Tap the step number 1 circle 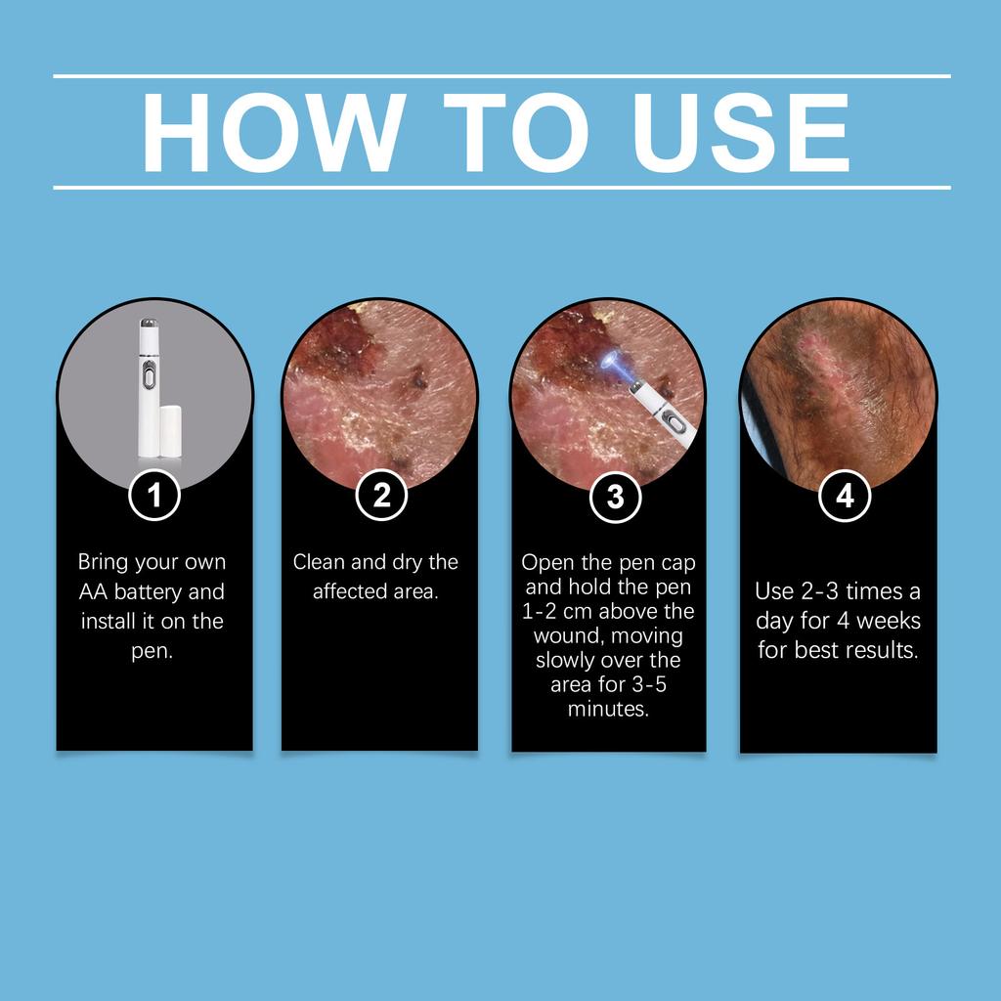pyautogui.click(x=154, y=496)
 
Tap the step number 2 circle pyautogui.click(x=381, y=496)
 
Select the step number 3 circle pyautogui.click(x=615, y=497)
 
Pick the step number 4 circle pyautogui.click(x=845, y=496)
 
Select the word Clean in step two pyautogui.click(x=318, y=562)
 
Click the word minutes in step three pyautogui.click(x=608, y=709)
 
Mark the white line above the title pyautogui.click(x=501, y=75)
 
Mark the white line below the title pyautogui.click(x=501, y=187)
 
